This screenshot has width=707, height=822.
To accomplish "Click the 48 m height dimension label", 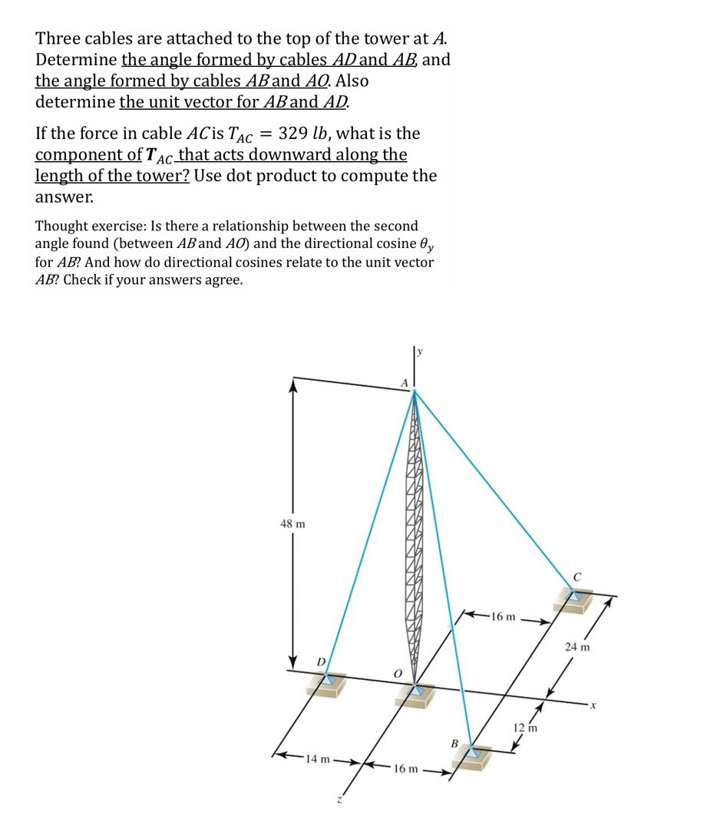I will point(292,524).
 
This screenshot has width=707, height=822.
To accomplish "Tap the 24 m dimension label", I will point(577,647).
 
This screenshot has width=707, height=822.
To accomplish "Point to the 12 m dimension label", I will point(527,726).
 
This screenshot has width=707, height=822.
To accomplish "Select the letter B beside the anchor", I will point(454,743).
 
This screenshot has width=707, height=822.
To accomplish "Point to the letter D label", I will point(322,662).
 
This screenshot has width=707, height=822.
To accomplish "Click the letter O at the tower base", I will point(397,672).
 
